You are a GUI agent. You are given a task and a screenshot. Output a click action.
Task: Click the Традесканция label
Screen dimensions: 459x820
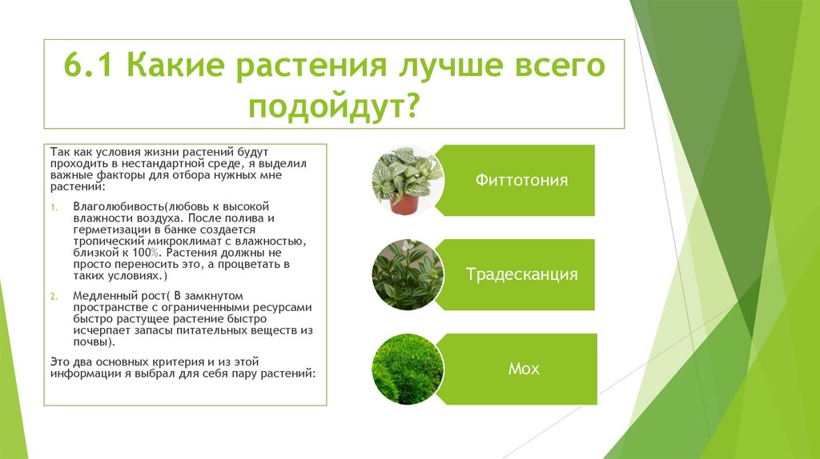(x=522, y=274)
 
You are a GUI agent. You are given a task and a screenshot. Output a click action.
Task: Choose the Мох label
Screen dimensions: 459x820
(x=524, y=369)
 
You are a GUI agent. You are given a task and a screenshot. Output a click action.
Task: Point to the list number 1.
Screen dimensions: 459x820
(x=53, y=206)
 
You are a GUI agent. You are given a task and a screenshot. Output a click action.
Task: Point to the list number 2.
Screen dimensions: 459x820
(x=53, y=296)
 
